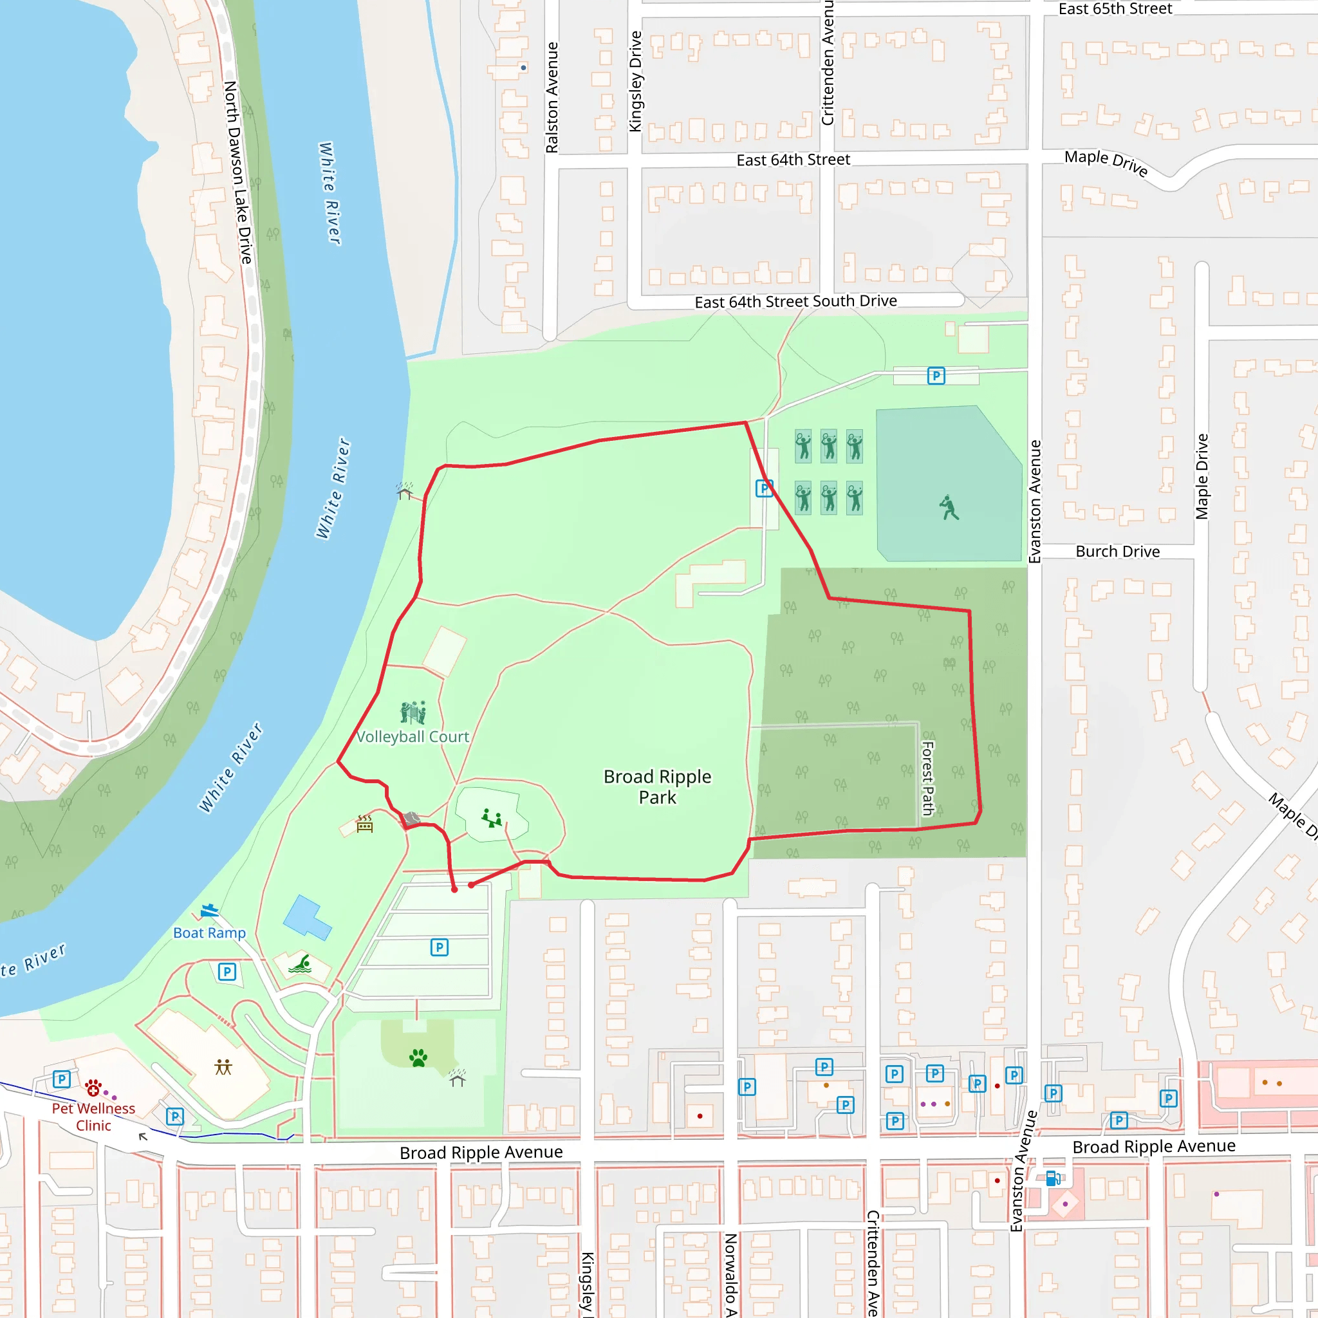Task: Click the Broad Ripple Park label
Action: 657,786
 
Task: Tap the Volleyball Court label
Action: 413,737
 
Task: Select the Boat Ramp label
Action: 209,933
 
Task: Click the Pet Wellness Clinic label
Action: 93,1117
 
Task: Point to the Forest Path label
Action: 929,779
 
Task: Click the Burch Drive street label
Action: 1117,552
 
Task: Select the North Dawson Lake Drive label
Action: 238,172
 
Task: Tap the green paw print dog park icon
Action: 418,1058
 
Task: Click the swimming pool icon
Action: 300,963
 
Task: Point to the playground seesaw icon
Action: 492,817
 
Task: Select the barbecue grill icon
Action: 365,824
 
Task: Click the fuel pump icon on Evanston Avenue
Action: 1053,1178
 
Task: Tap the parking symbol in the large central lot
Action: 440,947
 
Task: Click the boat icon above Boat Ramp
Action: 209,910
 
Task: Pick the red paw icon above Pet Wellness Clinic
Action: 93,1087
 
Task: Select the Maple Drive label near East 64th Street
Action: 1106,162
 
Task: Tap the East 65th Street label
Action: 1115,9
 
